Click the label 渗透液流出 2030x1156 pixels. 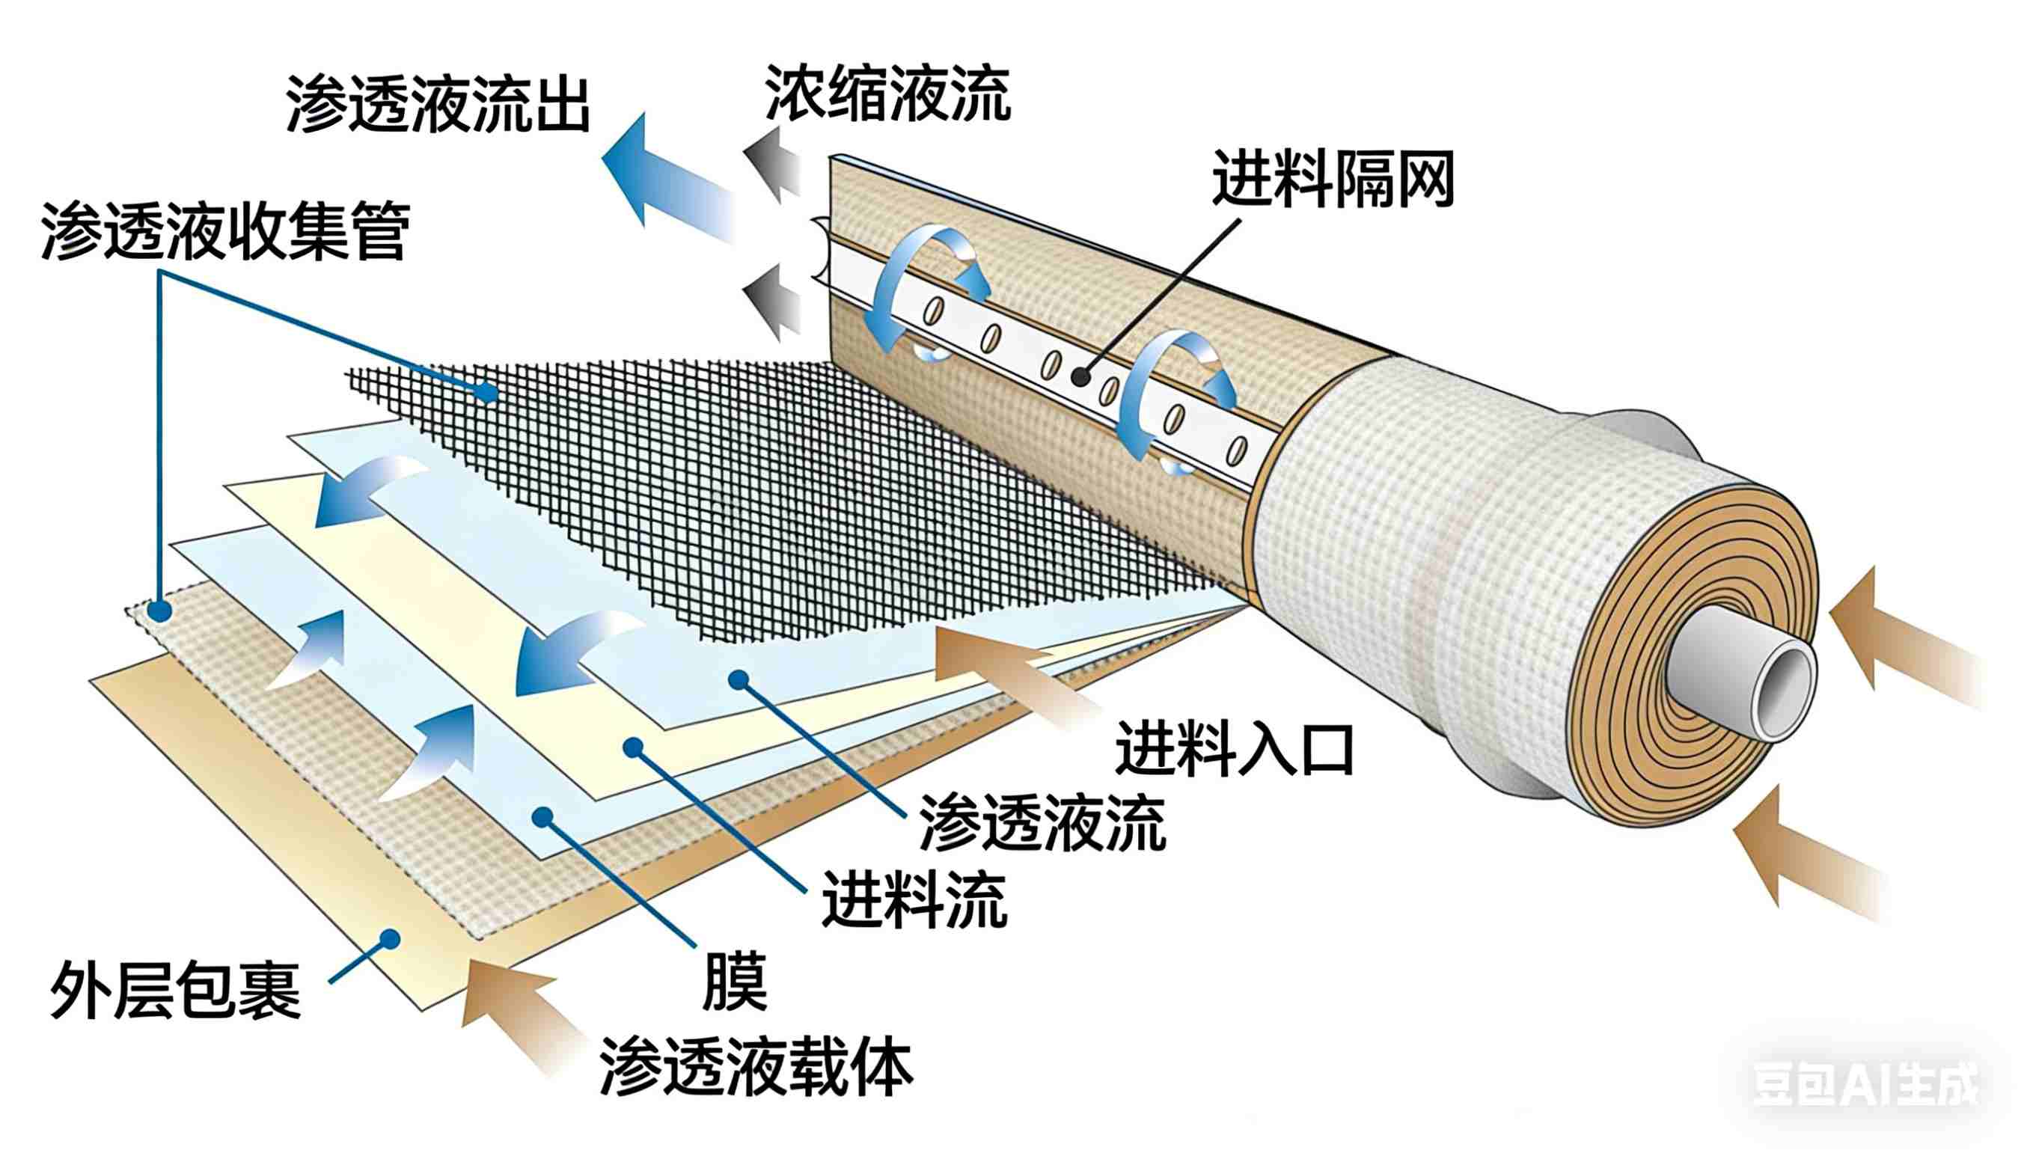pos(438,104)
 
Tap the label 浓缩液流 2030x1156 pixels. pos(887,94)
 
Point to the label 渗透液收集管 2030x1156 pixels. pos(226,231)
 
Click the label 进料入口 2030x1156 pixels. pos(1235,749)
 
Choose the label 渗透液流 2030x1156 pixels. pos(1042,823)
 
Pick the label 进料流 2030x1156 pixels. pos(914,899)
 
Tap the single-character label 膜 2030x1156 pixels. pos(735,982)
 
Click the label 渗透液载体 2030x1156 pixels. pos(756,1066)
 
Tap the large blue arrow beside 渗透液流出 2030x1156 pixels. pos(667,180)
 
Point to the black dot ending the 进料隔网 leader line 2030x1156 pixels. pos(1080,376)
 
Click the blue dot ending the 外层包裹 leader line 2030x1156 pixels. pos(389,939)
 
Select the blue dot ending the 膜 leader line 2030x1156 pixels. pos(542,816)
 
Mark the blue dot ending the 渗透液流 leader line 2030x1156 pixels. pos(739,679)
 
